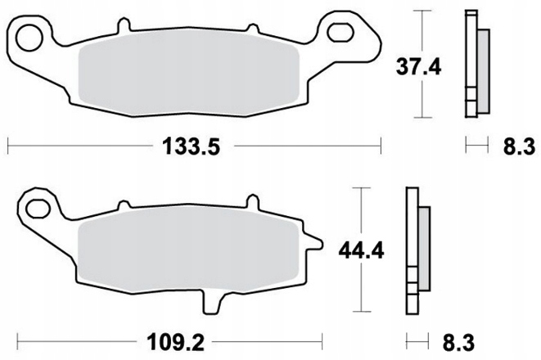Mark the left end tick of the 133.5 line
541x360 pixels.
click(x=7, y=147)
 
